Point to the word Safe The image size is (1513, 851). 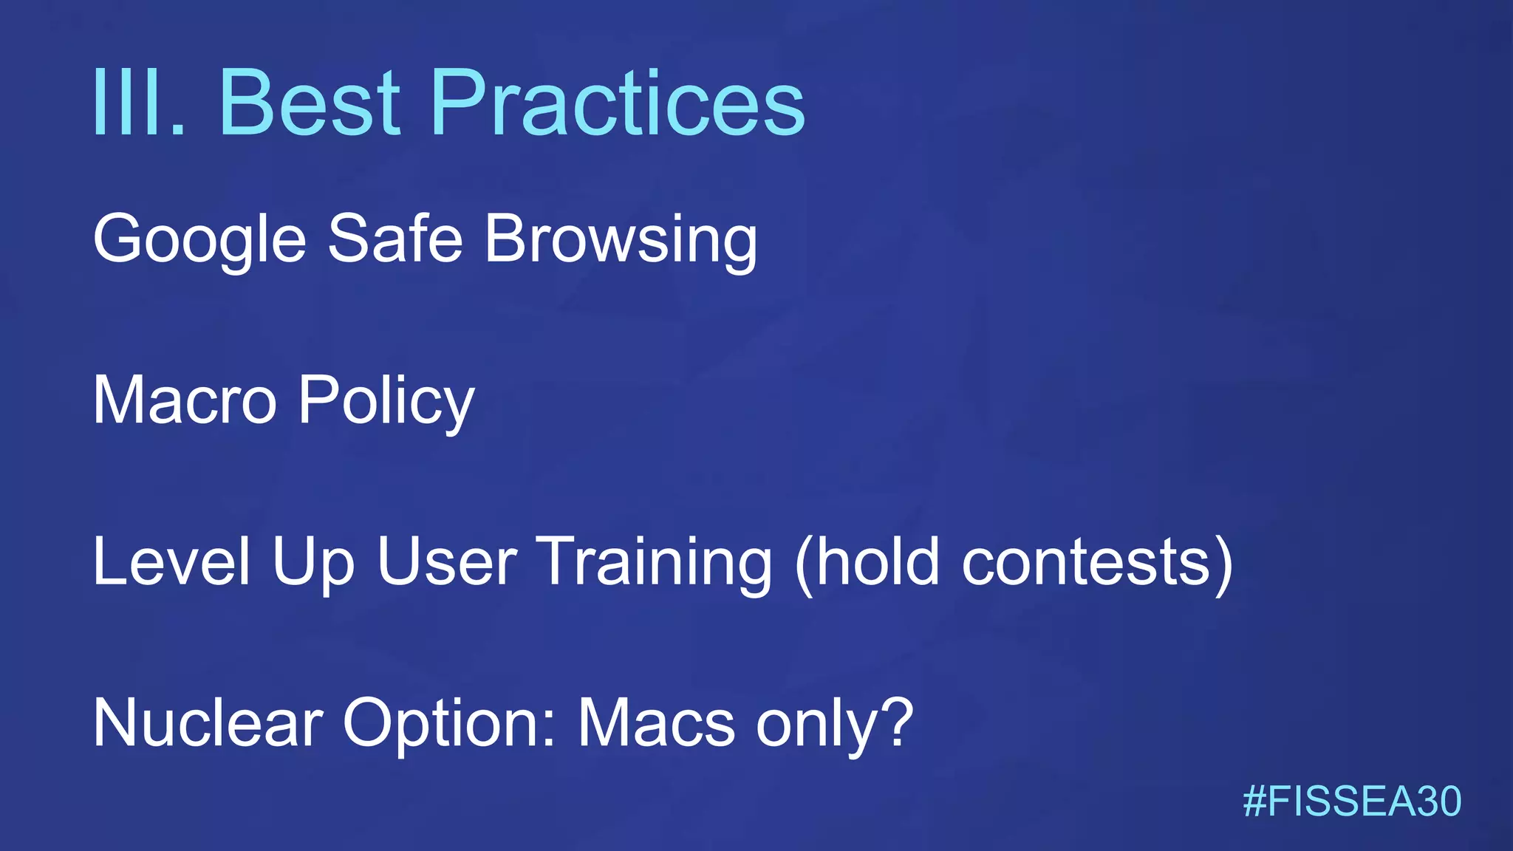coord(395,238)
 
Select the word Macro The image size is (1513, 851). coord(185,400)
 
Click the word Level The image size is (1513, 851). coord(171,561)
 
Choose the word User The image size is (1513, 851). coord(447,561)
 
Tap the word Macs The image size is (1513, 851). coord(656,722)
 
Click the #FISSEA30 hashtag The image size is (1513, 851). coord(1352,802)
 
